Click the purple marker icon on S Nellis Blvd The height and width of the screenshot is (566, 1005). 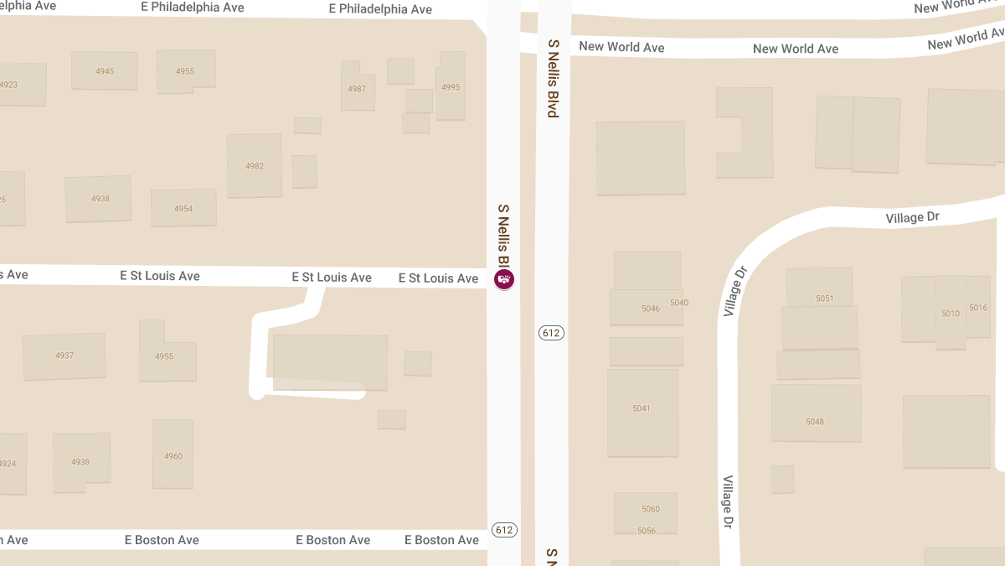click(504, 279)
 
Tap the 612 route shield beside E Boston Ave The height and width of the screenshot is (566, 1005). click(504, 530)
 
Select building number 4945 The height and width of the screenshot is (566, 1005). click(105, 71)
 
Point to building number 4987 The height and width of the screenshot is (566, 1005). click(357, 89)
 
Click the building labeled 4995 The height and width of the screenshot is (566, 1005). click(451, 87)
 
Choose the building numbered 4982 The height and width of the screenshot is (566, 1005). click(255, 166)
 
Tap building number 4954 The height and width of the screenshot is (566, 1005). click(183, 209)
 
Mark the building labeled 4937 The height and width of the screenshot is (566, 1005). click(64, 356)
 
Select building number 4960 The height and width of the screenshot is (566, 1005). click(173, 456)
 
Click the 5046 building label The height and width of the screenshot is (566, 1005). click(651, 309)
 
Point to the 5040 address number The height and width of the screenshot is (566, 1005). click(679, 303)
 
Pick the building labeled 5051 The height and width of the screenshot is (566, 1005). click(825, 299)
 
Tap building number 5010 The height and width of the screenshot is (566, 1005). click(951, 314)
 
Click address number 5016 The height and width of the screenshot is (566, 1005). click(978, 308)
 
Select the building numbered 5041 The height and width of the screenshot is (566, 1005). click(642, 408)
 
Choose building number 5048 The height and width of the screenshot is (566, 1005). click(815, 422)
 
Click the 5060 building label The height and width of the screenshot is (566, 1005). click(651, 509)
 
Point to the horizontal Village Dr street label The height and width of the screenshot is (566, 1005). click(913, 218)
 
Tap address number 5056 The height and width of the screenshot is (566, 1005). click(647, 531)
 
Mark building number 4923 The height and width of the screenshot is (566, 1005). click(8, 85)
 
